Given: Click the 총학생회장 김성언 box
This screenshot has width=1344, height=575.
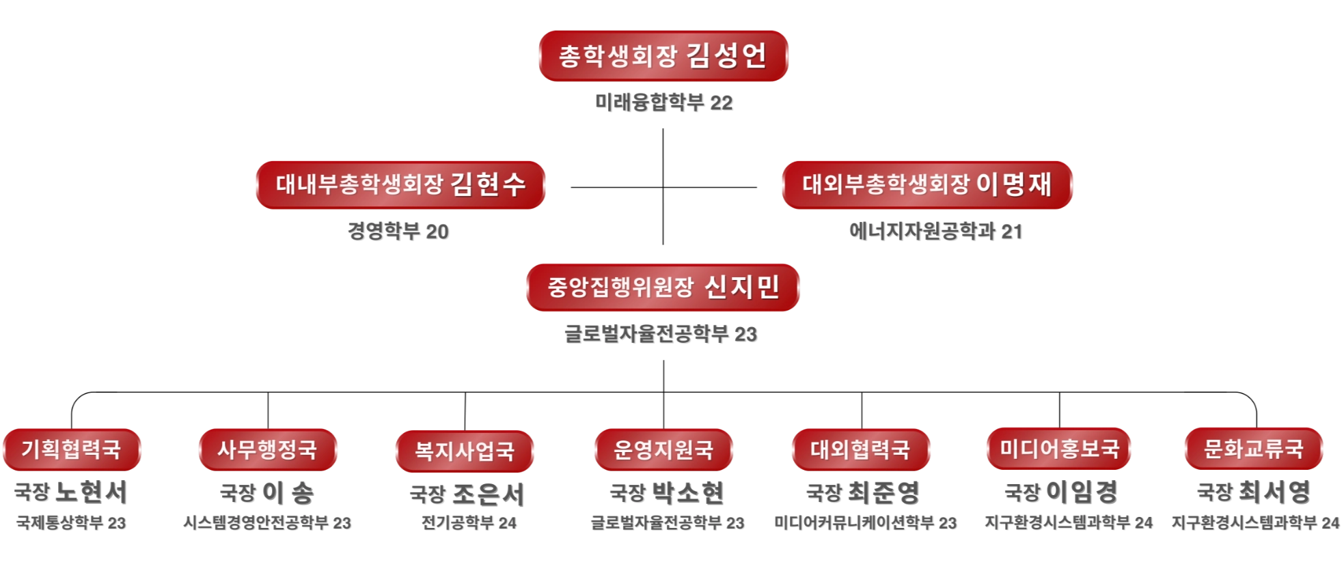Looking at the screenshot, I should click(x=663, y=55).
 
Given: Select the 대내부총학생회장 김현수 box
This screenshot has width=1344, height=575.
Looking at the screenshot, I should click(x=400, y=184).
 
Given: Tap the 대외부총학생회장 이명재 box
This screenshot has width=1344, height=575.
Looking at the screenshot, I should click(x=927, y=184).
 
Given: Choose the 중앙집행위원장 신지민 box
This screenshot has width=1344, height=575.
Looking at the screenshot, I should click(x=663, y=287).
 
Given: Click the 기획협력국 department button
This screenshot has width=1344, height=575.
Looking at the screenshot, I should click(x=71, y=449).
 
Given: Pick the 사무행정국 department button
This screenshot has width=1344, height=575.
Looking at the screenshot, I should click(x=267, y=449).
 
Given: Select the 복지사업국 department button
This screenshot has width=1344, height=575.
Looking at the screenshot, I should click(x=464, y=451).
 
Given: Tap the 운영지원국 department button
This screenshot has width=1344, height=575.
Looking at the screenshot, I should click(x=663, y=449).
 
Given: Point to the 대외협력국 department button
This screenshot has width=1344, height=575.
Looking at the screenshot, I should click(x=860, y=449).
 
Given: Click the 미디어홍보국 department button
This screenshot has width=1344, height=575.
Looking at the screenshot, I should click(x=1059, y=449).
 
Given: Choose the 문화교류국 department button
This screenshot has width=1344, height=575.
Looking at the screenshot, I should click(x=1253, y=449).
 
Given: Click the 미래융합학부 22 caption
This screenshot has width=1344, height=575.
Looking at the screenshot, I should click(x=663, y=102).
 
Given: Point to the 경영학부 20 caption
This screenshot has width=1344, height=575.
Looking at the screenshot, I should click(x=397, y=231).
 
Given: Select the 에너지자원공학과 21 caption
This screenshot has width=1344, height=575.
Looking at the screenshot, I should click(x=934, y=231).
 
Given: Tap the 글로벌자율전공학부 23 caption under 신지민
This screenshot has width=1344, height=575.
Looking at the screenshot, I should click(x=660, y=333).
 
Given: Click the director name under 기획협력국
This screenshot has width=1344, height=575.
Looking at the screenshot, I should click(x=69, y=491).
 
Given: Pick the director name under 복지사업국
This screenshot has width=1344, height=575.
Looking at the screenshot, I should click(x=465, y=493).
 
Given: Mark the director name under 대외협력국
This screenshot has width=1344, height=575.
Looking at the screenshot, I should click(x=860, y=492).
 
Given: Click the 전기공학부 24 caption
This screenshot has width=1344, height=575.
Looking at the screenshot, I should click(x=469, y=522).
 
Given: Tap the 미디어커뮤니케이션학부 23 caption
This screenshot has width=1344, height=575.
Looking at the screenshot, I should click(x=864, y=522).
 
